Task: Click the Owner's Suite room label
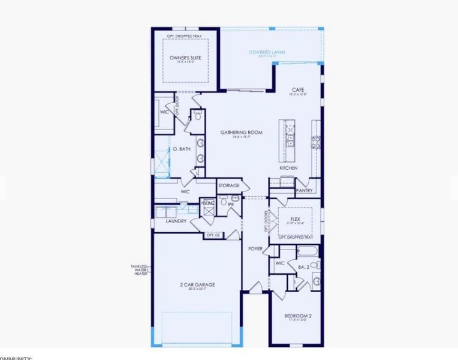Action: point(185,58)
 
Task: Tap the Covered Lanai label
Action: point(267,53)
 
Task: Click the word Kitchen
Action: point(288,168)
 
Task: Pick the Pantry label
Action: point(304,190)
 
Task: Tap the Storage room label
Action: point(228,185)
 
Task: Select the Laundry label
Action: point(176,221)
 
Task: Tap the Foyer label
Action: point(255,248)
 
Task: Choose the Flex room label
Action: point(294,219)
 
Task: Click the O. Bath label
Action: point(182,149)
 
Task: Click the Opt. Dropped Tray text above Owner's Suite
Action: point(185,36)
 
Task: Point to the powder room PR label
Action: point(230,204)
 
